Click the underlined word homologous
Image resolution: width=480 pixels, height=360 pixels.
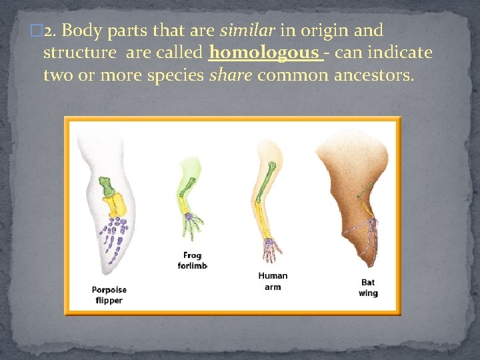click(264, 52)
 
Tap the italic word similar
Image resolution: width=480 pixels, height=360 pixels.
click(247, 30)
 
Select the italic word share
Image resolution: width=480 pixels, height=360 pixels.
click(231, 75)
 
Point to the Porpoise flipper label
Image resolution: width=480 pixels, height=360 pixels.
click(109, 295)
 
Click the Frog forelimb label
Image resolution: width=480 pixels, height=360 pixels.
click(192, 261)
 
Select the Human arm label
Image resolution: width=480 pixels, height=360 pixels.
click(273, 281)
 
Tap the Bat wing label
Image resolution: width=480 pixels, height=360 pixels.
click(368, 288)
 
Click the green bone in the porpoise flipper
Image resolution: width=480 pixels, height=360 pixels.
click(106, 186)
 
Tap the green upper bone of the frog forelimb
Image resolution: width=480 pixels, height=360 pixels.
click(189, 179)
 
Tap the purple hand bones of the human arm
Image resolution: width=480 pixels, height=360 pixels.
click(271, 249)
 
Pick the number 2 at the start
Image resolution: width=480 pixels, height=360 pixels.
click(48, 30)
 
